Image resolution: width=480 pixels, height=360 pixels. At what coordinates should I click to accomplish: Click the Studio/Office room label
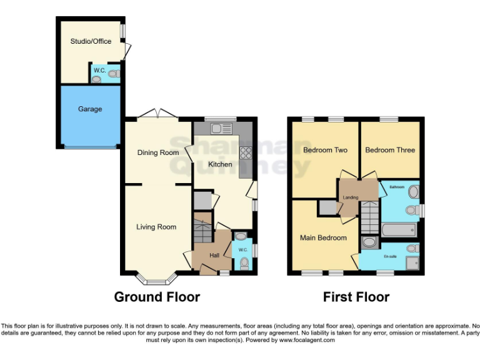tap(91, 41)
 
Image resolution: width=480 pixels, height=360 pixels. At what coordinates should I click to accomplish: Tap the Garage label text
tap(90, 109)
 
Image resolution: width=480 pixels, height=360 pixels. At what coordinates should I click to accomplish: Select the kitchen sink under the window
tap(221, 129)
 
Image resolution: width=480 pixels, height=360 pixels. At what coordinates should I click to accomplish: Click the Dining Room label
tap(158, 152)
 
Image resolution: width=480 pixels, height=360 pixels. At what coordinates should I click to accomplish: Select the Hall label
tap(214, 256)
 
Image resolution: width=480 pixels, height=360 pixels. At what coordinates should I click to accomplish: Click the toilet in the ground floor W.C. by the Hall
tap(243, 264)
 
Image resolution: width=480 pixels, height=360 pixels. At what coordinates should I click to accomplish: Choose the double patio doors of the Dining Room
tap(157, 114)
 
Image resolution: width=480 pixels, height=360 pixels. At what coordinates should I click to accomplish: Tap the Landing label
tap(351, 197)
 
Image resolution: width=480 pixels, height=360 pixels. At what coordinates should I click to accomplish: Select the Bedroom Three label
tap(390, 150)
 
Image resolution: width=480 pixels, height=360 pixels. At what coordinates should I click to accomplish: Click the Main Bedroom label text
tap(323, 237)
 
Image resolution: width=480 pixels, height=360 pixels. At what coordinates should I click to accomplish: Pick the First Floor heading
tap(356, 297)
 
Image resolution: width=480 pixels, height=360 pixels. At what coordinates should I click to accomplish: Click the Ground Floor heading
tap(157, 297)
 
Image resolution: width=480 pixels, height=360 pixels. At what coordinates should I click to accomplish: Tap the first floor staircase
tap(371, 219)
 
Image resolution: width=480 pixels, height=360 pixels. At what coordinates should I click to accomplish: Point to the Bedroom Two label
tap(325, 150)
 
